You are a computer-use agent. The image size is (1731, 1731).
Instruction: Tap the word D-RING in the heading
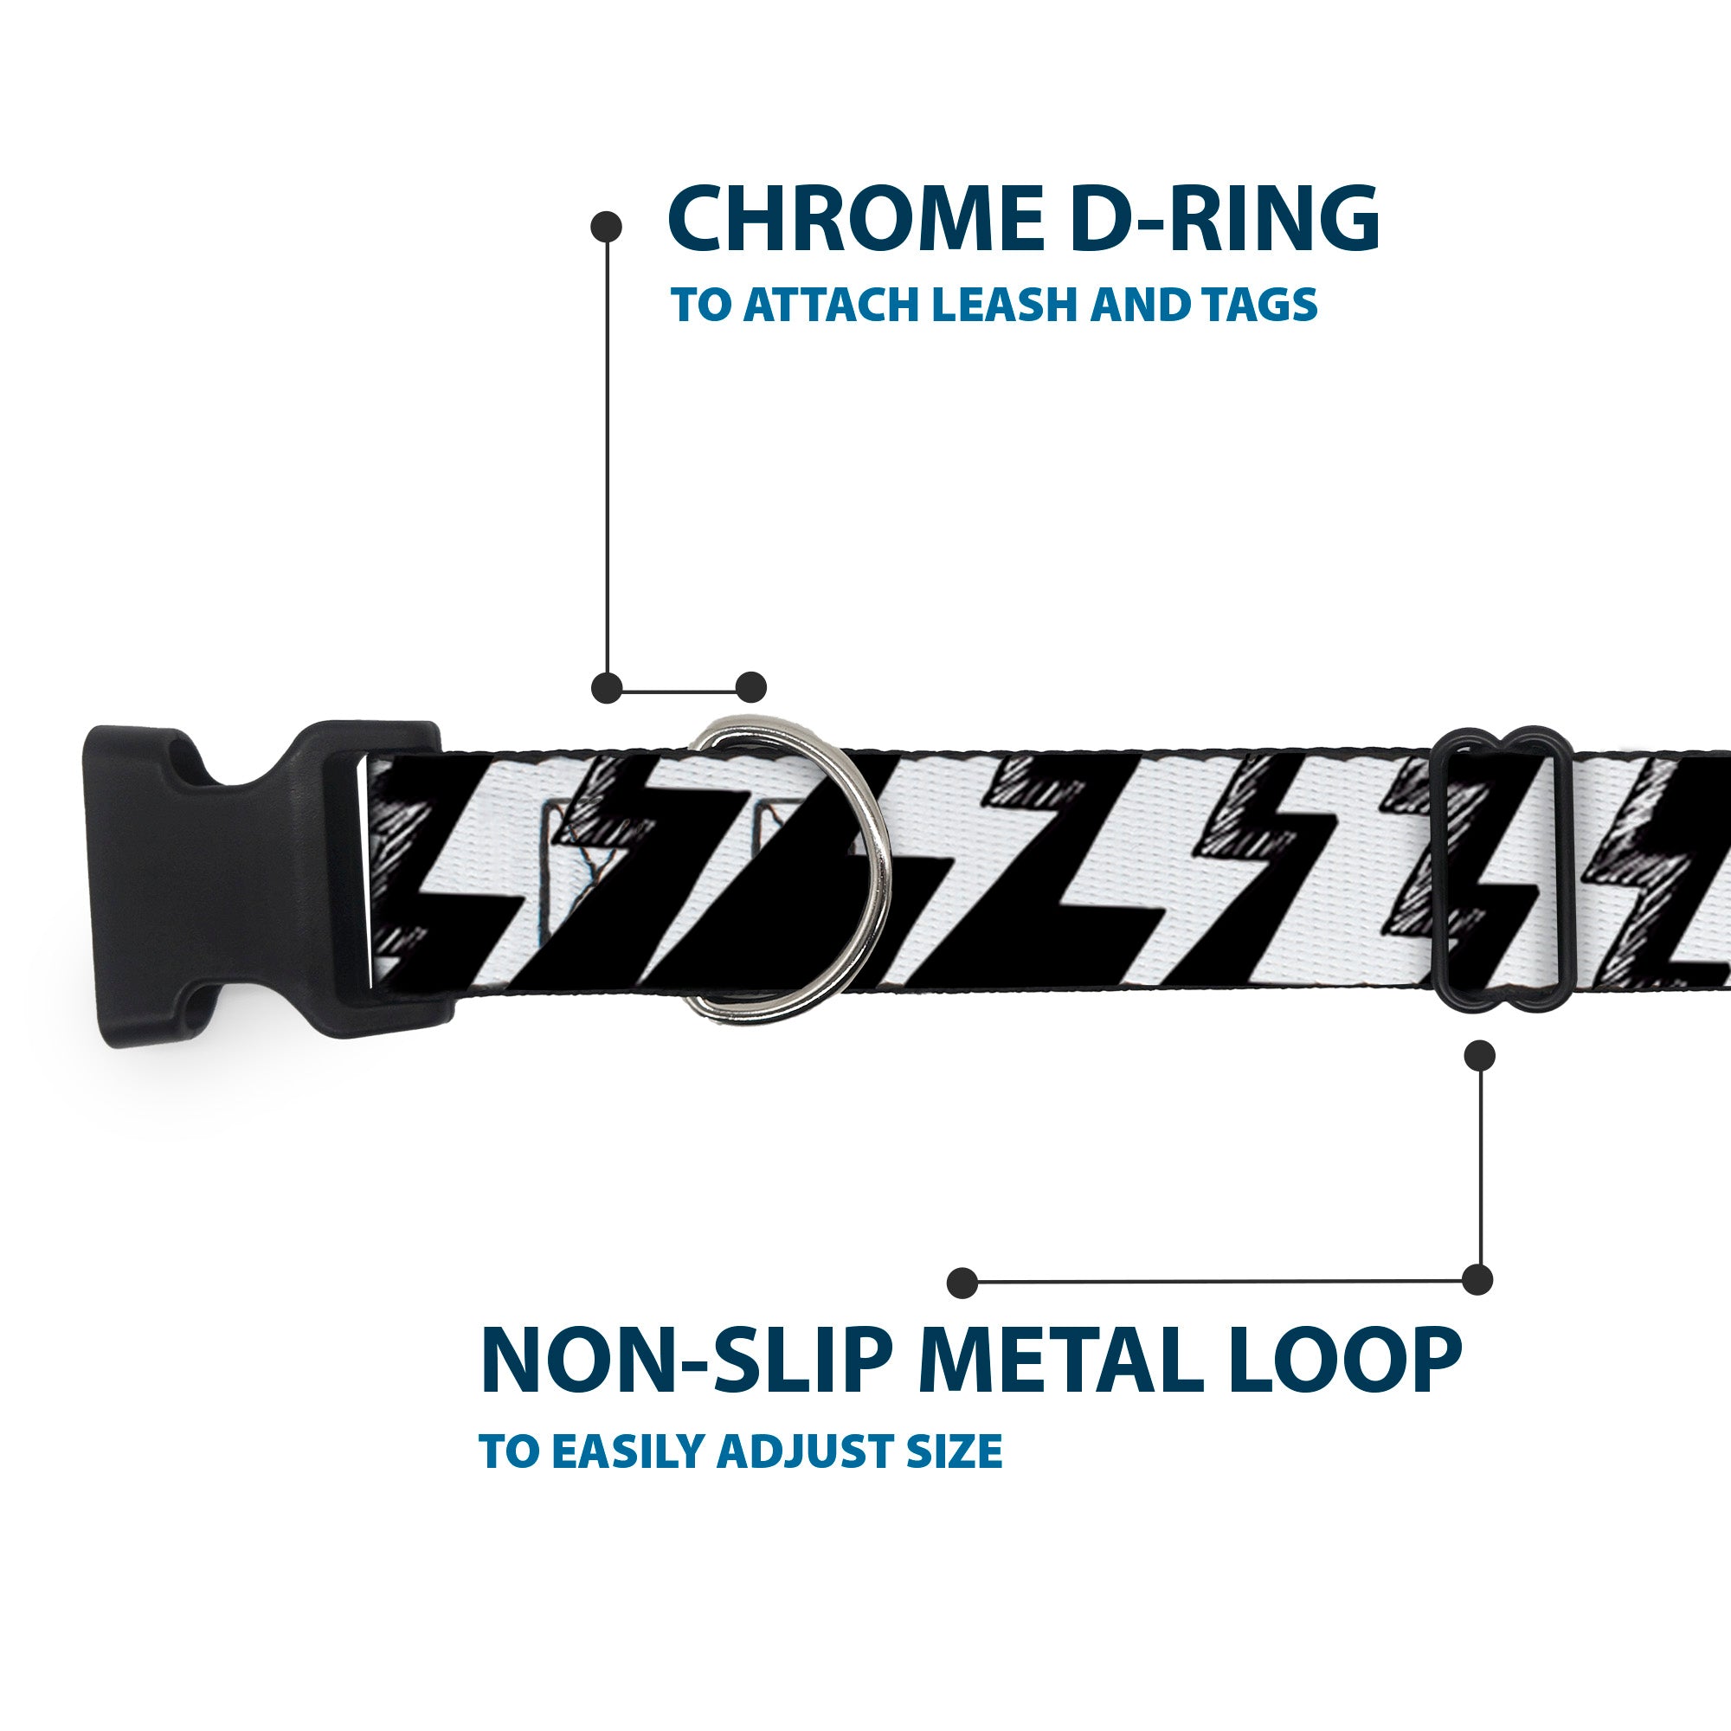[1223, 220]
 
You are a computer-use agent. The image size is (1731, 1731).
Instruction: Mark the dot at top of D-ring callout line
[607, 226]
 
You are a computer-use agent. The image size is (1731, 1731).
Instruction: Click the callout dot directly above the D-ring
[750, 687]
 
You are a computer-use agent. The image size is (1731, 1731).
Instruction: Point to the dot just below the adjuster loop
[1479, 1055]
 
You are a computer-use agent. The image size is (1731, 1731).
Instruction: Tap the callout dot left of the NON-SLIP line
[962, 1282]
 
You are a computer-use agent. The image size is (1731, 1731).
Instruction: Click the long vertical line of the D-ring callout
[608, 457]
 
